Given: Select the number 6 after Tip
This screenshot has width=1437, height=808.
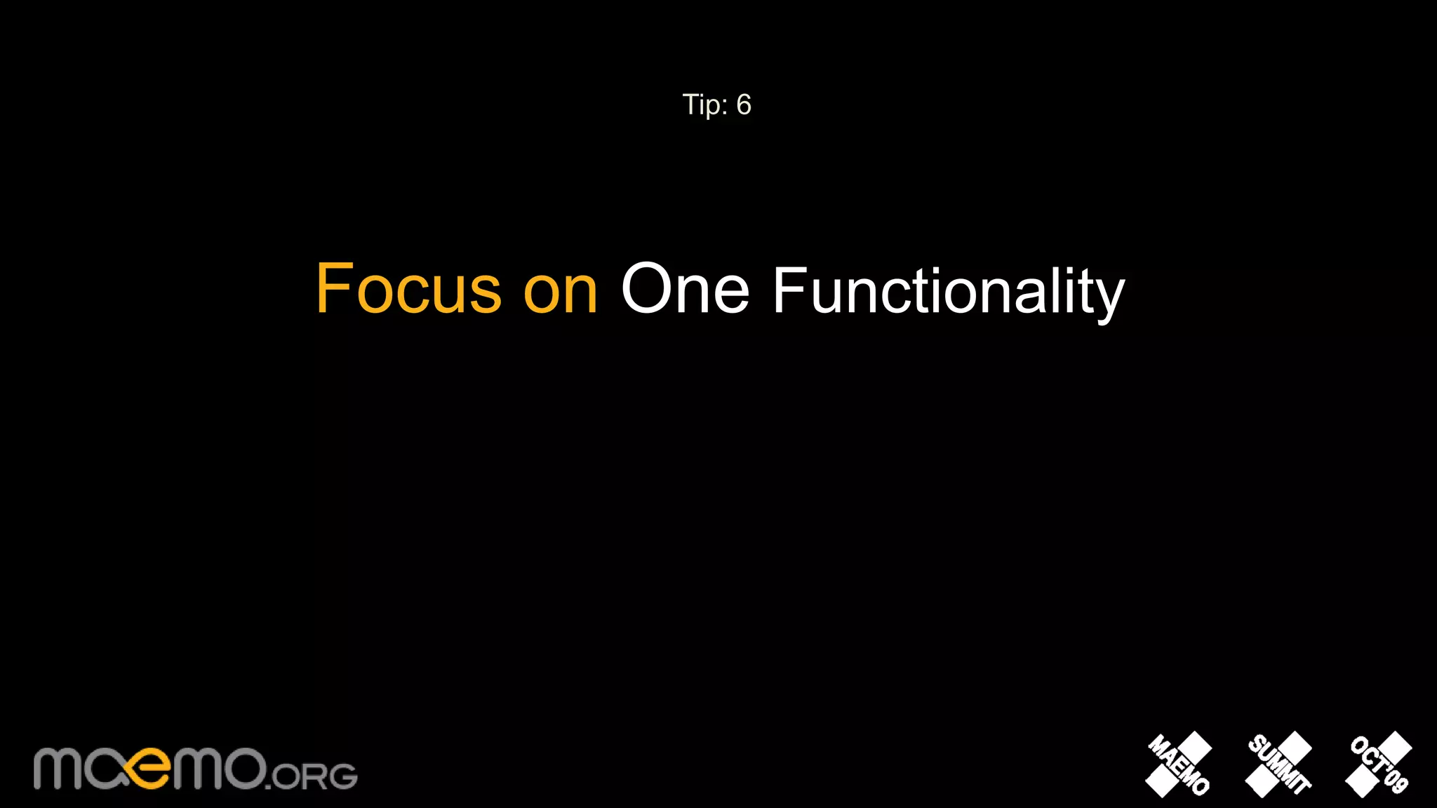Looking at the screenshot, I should [744, 105].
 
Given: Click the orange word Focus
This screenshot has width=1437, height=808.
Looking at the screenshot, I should [408, 288].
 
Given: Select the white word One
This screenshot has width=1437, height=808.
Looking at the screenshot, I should [685, 288].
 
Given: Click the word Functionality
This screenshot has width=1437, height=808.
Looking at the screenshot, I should [948, 291].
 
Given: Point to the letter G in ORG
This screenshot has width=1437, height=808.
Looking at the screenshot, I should [343, 776].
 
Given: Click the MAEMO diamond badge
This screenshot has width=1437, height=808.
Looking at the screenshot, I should [1179, 765].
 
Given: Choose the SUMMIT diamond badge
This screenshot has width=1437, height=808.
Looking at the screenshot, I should [1278, 765].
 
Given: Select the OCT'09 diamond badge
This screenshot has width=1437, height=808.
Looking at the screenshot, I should [1379, 765].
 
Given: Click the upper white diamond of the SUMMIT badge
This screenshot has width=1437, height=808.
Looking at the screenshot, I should [1295, 747].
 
